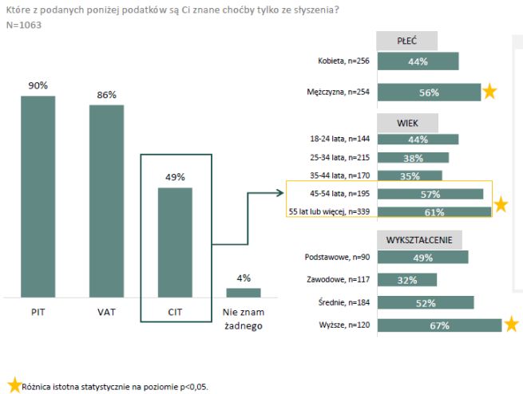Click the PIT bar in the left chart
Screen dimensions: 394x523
pos(38,196)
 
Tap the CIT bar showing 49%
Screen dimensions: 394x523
pos(175,242)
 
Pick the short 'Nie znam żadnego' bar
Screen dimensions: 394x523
pos(244,292)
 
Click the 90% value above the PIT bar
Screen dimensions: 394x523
pos(38,85)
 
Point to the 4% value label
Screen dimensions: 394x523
pos(244,278)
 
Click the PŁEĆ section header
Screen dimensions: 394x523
pos(407,41)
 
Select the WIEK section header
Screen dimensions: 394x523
pos(407,123)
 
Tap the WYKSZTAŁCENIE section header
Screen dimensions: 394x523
pos(420,240)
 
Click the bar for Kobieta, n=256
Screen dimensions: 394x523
pos(418,61)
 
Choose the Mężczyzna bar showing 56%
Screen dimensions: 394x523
pos(429,92)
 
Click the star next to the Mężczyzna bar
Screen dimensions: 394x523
pos(489,92)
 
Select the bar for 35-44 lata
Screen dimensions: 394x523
pos(410,175)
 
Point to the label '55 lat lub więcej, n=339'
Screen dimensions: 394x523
pos(328,211)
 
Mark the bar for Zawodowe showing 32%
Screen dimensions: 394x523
pos(407,279)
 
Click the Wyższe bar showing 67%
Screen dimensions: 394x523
pos(439,325)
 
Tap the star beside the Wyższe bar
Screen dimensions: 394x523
pos(511,324)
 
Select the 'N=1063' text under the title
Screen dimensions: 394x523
pos(24,25)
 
